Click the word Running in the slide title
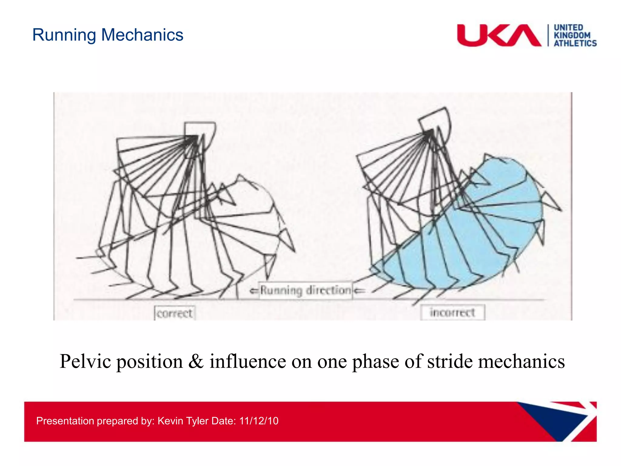[x=64, y=35]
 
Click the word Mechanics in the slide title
[x=142, y=35]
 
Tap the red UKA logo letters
[x=498, y=35]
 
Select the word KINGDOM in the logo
[x=572, y=35]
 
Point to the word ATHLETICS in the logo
[x=575, y=43]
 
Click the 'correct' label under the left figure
[x=174, y=313]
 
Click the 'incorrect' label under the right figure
[x=452, y=312]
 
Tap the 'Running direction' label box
[x=306, y=290]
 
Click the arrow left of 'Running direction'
[x=253, y=291]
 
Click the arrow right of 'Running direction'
[x=359, y=291]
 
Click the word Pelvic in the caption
[x=85, y=362]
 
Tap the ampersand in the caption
[x=196, y=362]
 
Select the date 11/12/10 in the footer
[x=259, y=421]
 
